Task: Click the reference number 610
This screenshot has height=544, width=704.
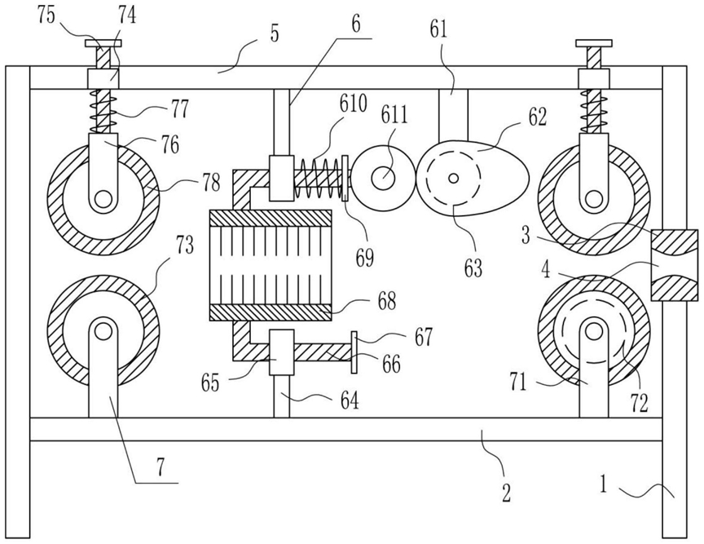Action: point(354,104)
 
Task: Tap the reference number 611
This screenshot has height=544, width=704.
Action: point(394,115)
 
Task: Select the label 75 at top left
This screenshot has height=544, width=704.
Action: point(46,15)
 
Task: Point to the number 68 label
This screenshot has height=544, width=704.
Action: point(386,301)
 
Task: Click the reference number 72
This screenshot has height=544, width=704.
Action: point(640,402)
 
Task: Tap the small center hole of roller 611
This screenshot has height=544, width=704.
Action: point(383,178)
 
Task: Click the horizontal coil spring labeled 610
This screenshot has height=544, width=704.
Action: point(318,179)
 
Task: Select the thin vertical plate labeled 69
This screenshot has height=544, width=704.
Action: point(345,179)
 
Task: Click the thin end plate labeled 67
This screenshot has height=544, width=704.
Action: point(354,352)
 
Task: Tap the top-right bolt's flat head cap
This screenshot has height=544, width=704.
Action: point(594,43)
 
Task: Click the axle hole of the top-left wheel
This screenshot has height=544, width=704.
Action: point(103,198)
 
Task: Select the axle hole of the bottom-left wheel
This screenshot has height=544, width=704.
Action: point(103,331)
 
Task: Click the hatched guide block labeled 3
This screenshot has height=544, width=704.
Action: point(674,265)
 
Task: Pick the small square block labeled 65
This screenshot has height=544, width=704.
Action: point(281,352)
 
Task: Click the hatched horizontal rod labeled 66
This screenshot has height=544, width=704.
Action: point(323,352)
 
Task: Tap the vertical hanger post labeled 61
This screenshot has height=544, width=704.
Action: point(453,115)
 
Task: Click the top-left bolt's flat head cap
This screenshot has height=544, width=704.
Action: point(103,43)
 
